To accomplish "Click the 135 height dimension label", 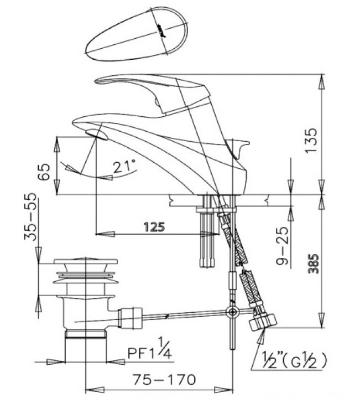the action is pyautogui.click(x=311, y=140).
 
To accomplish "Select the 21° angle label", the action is pyautogui.click(x=124, y=166).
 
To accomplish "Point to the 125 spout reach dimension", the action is pyautogui.click(x=154, y=226).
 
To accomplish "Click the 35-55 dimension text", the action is pyautogui.click(x=30, y=216).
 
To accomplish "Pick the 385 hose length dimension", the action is pyautogui.click(x=314, y=263).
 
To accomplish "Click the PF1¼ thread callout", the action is pyautogui.click(x=149, y=348).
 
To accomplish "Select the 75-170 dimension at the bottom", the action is pyautogui.click(x=164, y=380).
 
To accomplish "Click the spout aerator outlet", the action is pyautogui.click(x=96, y=135).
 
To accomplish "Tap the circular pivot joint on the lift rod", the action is pyautogui.click(x=232, y=312).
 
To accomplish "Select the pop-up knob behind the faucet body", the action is pyautogui.click(x=238, y=148).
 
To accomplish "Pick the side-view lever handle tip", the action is pyautogui.click(x=97, y=81).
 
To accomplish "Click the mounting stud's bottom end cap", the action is pyautogui.click(x=207, y=262).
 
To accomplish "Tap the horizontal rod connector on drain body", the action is pyautogui.click(x=130, y=318).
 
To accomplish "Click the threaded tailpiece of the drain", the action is pyautogui.click(x=86, y=334).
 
